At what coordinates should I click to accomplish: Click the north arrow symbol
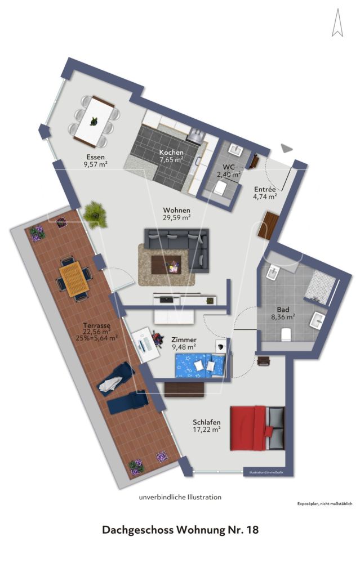[337, 24]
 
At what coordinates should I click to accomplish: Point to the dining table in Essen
[95, 120]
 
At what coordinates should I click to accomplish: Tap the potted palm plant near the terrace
[94, 214]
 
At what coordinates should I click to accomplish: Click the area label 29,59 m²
[174, 218]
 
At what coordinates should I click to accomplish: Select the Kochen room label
[171, 153]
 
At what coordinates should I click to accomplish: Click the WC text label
[229, 167]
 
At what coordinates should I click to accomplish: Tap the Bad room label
[283, 310]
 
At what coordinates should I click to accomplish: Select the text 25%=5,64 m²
[96, 338]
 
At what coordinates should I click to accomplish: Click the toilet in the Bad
[285, 334]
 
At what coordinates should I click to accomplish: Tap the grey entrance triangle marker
[287, 148]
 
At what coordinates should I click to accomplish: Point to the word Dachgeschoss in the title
[138, 530]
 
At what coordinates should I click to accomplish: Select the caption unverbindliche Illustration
[180, 497]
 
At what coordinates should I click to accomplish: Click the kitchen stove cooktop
[195, 135]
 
